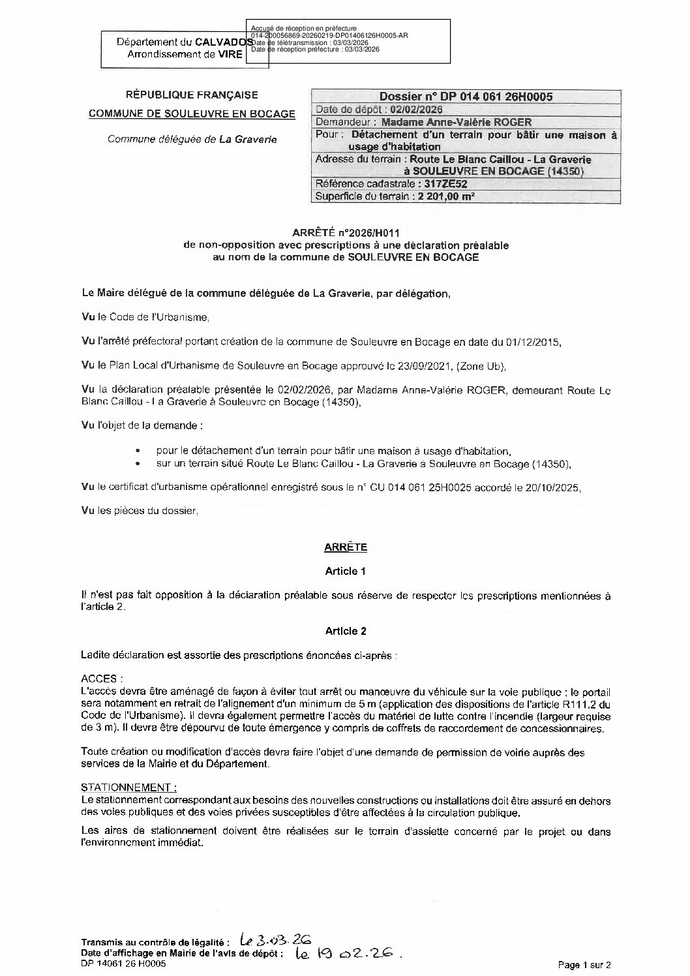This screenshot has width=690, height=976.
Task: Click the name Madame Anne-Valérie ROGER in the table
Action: (457, 122)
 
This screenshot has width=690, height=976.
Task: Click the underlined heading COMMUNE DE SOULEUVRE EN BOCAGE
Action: (192, 114)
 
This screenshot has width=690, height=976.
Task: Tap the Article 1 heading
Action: (346, 571)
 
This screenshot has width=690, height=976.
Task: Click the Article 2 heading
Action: (346, 631)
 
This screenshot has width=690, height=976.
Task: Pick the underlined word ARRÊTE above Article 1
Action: (346, 547)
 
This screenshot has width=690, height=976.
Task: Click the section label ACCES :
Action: (102, 679)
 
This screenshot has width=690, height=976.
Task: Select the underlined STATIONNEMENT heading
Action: (128, 787)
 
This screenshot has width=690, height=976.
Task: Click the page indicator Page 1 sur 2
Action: (584, 965)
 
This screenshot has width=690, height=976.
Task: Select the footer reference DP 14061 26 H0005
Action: (123, 964)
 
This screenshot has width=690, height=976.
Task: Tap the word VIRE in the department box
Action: (230, 54)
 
